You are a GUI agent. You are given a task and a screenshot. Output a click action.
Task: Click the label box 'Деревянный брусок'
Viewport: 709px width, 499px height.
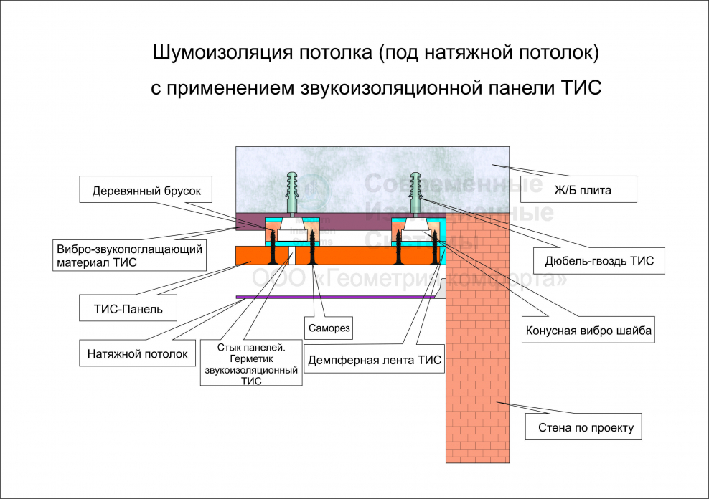coord(151,191)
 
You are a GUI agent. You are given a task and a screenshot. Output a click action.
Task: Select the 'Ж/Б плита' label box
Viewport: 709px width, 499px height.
coord(580,190)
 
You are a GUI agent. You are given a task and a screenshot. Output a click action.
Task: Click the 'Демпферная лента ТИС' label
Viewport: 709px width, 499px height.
coord(375,360)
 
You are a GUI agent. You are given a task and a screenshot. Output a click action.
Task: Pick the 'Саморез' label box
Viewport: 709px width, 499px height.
coord(330,327)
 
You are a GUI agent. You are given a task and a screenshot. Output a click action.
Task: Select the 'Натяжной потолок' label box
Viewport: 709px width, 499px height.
coord(137,353)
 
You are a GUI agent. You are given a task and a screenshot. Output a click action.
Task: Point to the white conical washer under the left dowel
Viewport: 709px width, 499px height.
coord(293,225)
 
